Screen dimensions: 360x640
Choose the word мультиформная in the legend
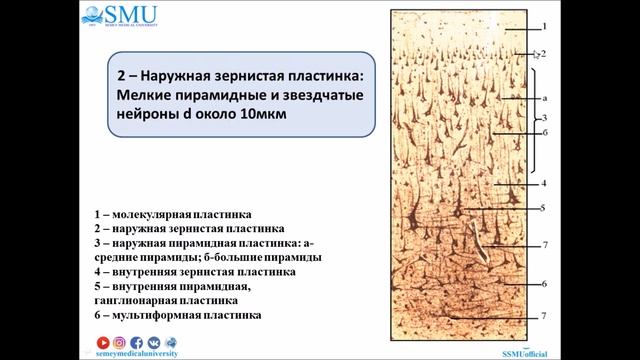(x=148, y=315)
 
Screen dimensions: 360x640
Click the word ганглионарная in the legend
(x=136, y=300)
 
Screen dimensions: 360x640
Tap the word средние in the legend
(x=120, y=257)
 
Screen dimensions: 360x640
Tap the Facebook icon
(x=136, y=342)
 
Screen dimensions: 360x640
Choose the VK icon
(x=152, y=342)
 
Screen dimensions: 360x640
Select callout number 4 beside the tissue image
(x=544, y=183)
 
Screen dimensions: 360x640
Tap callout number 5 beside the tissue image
(x=544, y=208)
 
